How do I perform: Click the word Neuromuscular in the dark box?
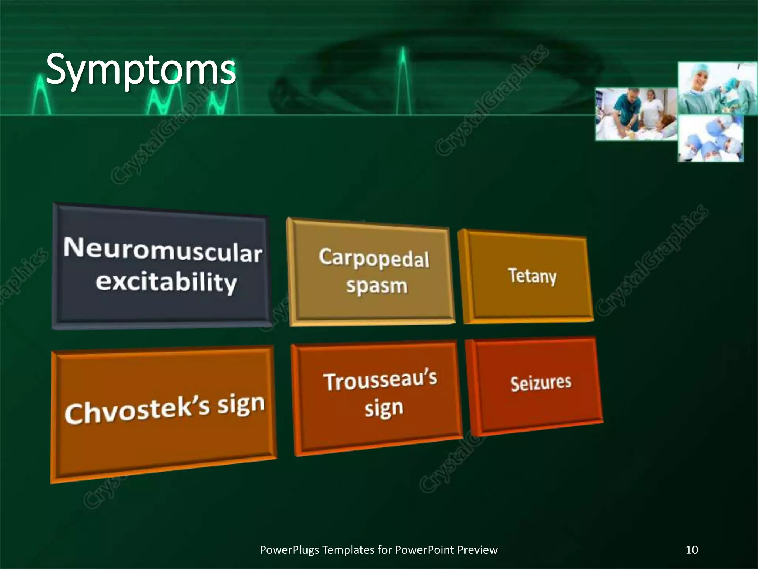(163, 250)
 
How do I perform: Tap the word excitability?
(166, 282)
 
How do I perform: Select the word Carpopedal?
(374, 258)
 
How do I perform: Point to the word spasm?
(377, 286)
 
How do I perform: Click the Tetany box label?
(532, 276)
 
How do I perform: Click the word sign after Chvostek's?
(241, 405)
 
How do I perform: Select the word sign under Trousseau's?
(384, 409)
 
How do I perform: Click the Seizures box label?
(541, 383)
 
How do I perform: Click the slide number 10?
(692, 550)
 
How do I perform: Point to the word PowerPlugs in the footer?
(289, 550)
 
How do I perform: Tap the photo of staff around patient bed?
(636, 114)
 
